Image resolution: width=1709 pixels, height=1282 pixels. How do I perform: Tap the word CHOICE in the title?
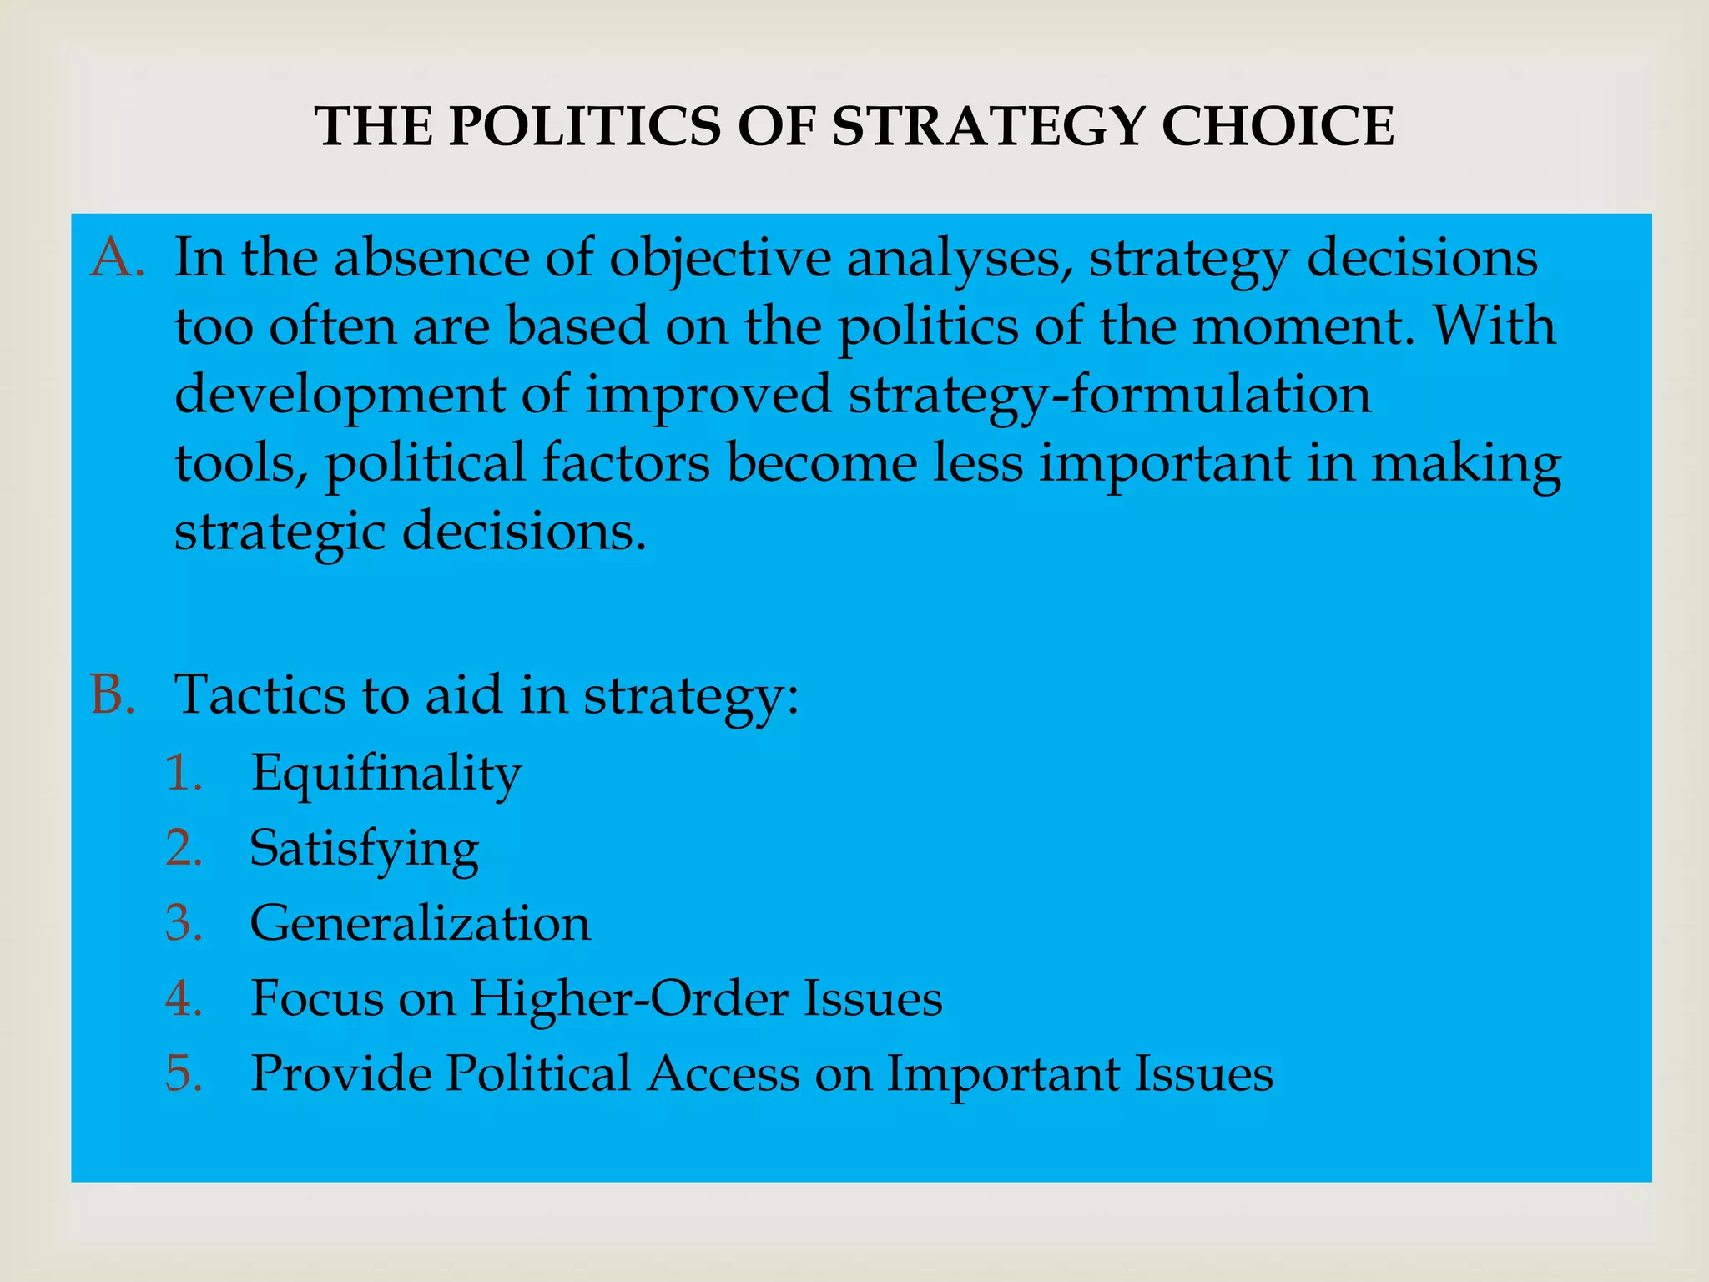1278,127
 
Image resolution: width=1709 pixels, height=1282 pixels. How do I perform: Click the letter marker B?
113,694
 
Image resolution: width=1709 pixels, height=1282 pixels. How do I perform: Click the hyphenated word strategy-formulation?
1110,396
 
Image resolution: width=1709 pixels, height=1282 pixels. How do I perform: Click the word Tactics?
260,694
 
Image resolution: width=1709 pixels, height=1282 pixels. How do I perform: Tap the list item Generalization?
421,923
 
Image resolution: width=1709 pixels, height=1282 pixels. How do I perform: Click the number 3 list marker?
184,923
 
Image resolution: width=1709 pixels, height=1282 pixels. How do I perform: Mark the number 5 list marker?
184,1073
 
